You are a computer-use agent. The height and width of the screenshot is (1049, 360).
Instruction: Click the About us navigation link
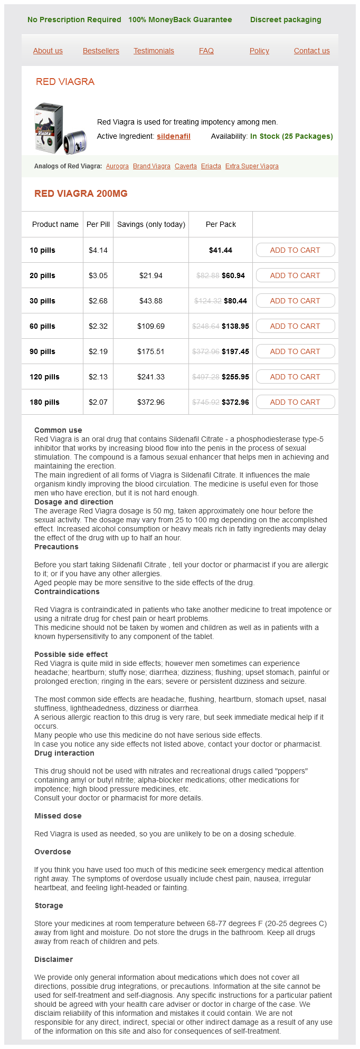click(x=48, y=51)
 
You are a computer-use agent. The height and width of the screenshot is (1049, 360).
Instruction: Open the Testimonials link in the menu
click(x=154, y=51)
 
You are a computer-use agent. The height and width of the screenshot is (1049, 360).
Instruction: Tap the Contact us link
click(x=311, y=51)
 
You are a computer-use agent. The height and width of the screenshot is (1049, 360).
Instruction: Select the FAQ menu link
click(x=206, y=51)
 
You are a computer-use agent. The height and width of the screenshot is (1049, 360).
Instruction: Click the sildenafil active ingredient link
click(x=173, y=136)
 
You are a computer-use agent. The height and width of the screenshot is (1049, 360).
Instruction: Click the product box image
click(x=60, y=128)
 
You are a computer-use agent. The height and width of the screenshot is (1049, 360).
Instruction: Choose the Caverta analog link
click(x=186, y=166)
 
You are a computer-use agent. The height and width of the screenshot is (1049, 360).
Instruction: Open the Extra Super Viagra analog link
click(x=252, y=166)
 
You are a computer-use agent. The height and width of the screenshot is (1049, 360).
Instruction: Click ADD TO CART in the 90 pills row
click(x=295, y=351)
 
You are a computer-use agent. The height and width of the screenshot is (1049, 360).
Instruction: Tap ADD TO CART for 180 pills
click(x=295, y=402)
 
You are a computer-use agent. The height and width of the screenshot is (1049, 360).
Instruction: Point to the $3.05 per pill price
click(x=98, y=275)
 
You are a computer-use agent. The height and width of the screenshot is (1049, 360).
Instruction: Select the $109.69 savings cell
click(x=151, y=326)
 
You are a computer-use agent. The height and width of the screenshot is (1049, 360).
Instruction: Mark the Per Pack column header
click(x=221, y=224)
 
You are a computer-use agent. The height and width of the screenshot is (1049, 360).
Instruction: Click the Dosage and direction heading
click(x=74, y=502)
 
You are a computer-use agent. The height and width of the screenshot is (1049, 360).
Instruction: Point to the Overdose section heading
click(x=52, y=852)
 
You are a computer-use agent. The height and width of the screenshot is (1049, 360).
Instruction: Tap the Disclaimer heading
click(x=53, y=959)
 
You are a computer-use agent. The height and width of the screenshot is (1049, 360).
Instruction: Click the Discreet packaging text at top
click(x=286, y=20)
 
